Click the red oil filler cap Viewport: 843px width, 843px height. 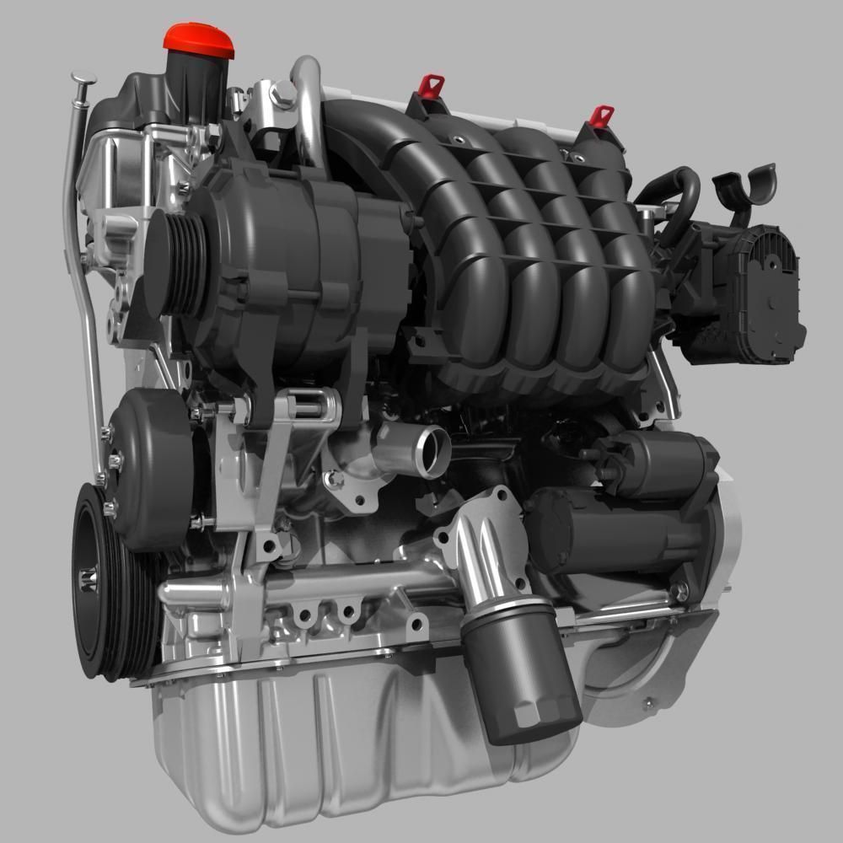pos(199,40)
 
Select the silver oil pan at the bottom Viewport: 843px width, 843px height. pos(354,742)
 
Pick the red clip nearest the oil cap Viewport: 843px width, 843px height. pos(432,85)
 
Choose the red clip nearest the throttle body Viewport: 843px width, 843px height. pos(601,116)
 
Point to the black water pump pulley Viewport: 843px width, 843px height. pos(152,468)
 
